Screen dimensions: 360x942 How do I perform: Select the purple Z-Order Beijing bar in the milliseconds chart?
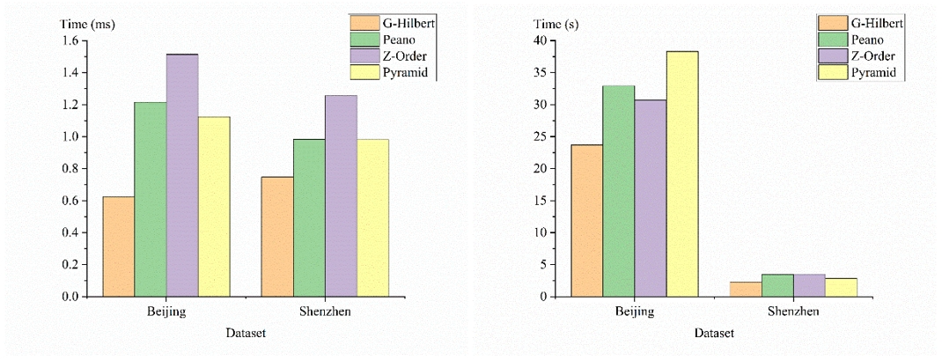click(182, 176)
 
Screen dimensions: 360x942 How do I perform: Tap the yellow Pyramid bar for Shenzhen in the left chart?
click(372, 218)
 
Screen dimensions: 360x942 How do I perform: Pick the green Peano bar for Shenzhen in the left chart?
click(309, 218)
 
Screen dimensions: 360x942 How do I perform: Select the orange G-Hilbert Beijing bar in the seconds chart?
click(587, 220)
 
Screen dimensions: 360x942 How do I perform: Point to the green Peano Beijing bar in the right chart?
click(619, 191)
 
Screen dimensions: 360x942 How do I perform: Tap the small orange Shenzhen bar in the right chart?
click(746, 289)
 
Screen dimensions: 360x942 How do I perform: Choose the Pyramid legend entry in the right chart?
click(872, 73)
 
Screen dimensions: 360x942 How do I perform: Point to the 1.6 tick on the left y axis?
click(70, 41)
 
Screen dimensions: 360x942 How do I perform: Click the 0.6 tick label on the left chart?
click(70, 202)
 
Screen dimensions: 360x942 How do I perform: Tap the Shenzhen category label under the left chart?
click(325, 312)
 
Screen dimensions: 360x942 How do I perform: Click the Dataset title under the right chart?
click(714, 334)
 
